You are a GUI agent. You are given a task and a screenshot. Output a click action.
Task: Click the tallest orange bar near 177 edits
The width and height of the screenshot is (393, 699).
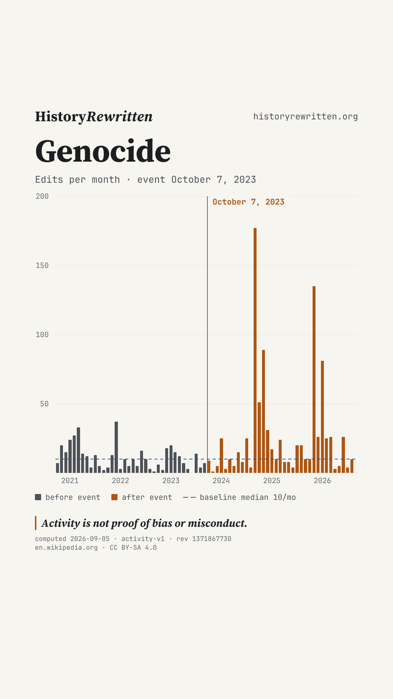(x=255, y=350)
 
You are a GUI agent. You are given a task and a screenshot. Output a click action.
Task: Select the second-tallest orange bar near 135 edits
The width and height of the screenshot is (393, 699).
(x=314, y=379)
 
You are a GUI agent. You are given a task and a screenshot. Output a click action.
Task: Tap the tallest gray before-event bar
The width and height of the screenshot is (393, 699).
(x=116, y=447)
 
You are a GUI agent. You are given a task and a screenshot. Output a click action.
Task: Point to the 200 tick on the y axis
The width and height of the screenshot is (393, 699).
(x=42, y=196)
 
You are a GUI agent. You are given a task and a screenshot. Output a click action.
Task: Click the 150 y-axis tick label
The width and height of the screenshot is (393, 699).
(x=42, y=265)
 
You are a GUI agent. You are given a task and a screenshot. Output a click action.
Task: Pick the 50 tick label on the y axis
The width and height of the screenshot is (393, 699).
(x=44, y=404)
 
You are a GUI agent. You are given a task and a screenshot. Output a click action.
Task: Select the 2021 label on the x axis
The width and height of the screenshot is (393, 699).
(x=70, y=481)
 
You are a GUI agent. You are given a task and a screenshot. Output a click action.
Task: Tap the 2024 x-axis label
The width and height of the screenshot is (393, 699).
(x=221, y=481)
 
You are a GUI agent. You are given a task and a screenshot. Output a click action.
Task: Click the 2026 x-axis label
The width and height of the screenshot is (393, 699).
(x=322, y=481)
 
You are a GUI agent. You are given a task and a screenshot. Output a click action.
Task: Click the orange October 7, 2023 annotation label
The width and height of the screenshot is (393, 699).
(x=249, y=202)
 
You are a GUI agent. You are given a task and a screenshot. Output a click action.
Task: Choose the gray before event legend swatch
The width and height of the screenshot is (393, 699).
(x=38, y=497)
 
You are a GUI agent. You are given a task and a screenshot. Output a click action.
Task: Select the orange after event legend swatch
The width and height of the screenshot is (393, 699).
(x=115, y=497)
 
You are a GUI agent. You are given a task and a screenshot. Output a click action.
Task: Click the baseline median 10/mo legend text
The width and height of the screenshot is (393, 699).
(x=248, y=497)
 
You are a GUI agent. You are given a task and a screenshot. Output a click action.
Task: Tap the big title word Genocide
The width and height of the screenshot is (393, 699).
(x=103, y=151)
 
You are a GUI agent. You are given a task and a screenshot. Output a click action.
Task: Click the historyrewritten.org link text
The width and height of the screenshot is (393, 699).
(x=306, y=116)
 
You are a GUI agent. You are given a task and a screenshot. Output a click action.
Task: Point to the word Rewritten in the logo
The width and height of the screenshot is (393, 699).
(x=119, y=116)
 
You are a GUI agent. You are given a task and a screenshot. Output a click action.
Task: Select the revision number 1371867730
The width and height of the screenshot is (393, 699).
(x=212, y=539)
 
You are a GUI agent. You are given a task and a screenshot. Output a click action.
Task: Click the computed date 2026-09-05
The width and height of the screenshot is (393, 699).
(x=90, y=539)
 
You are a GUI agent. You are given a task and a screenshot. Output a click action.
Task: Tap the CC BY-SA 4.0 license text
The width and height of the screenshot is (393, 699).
(x=133, y=548)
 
